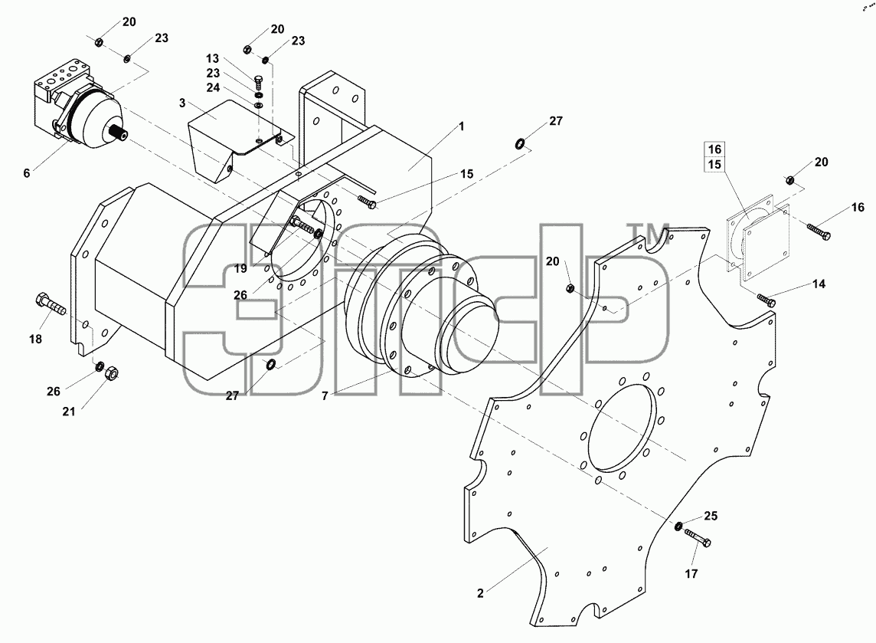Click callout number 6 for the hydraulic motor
(26, 173)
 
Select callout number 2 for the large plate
(480, 593)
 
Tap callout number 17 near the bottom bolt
(691, 574)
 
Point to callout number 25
(711, 516)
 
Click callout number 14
(819, 284)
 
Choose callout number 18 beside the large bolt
(35, 339)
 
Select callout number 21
(69, 412)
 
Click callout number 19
(240, 268)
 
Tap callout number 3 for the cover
(182, 103)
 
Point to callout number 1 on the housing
(462, 126)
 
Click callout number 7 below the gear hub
(325, 396)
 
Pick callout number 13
(212, 59)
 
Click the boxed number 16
(714, 149)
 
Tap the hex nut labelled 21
(112, 373)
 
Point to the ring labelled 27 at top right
(520, 144)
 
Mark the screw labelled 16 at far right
(819, 231)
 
